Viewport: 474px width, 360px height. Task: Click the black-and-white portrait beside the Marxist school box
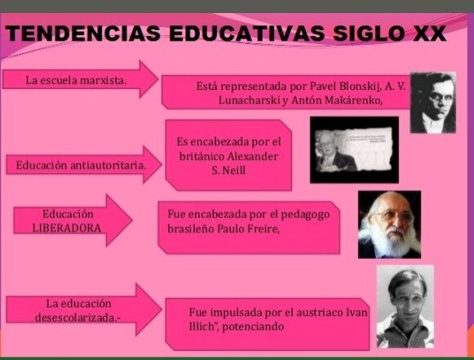pos(432,102)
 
